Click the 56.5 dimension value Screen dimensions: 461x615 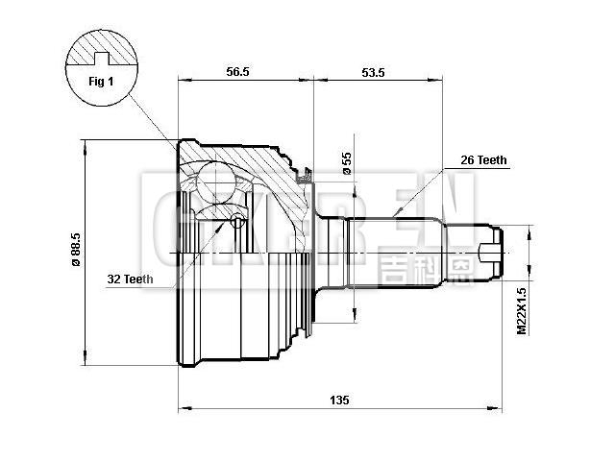pyautogui.click(x=236, y=71)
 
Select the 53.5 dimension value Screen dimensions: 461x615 pyautogui.click(x=376, y=71)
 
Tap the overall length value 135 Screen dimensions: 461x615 pyautogui.click(x=338, y=399)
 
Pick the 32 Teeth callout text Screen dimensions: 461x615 pyautogui.click(x=130, y=279)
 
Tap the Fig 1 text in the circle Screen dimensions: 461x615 pyautogui.click(x=101, y=82)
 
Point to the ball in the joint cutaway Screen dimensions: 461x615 pyautogui.click(x=218, y=180)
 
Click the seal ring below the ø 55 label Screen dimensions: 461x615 pyautogui.click(x=306, y=175)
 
